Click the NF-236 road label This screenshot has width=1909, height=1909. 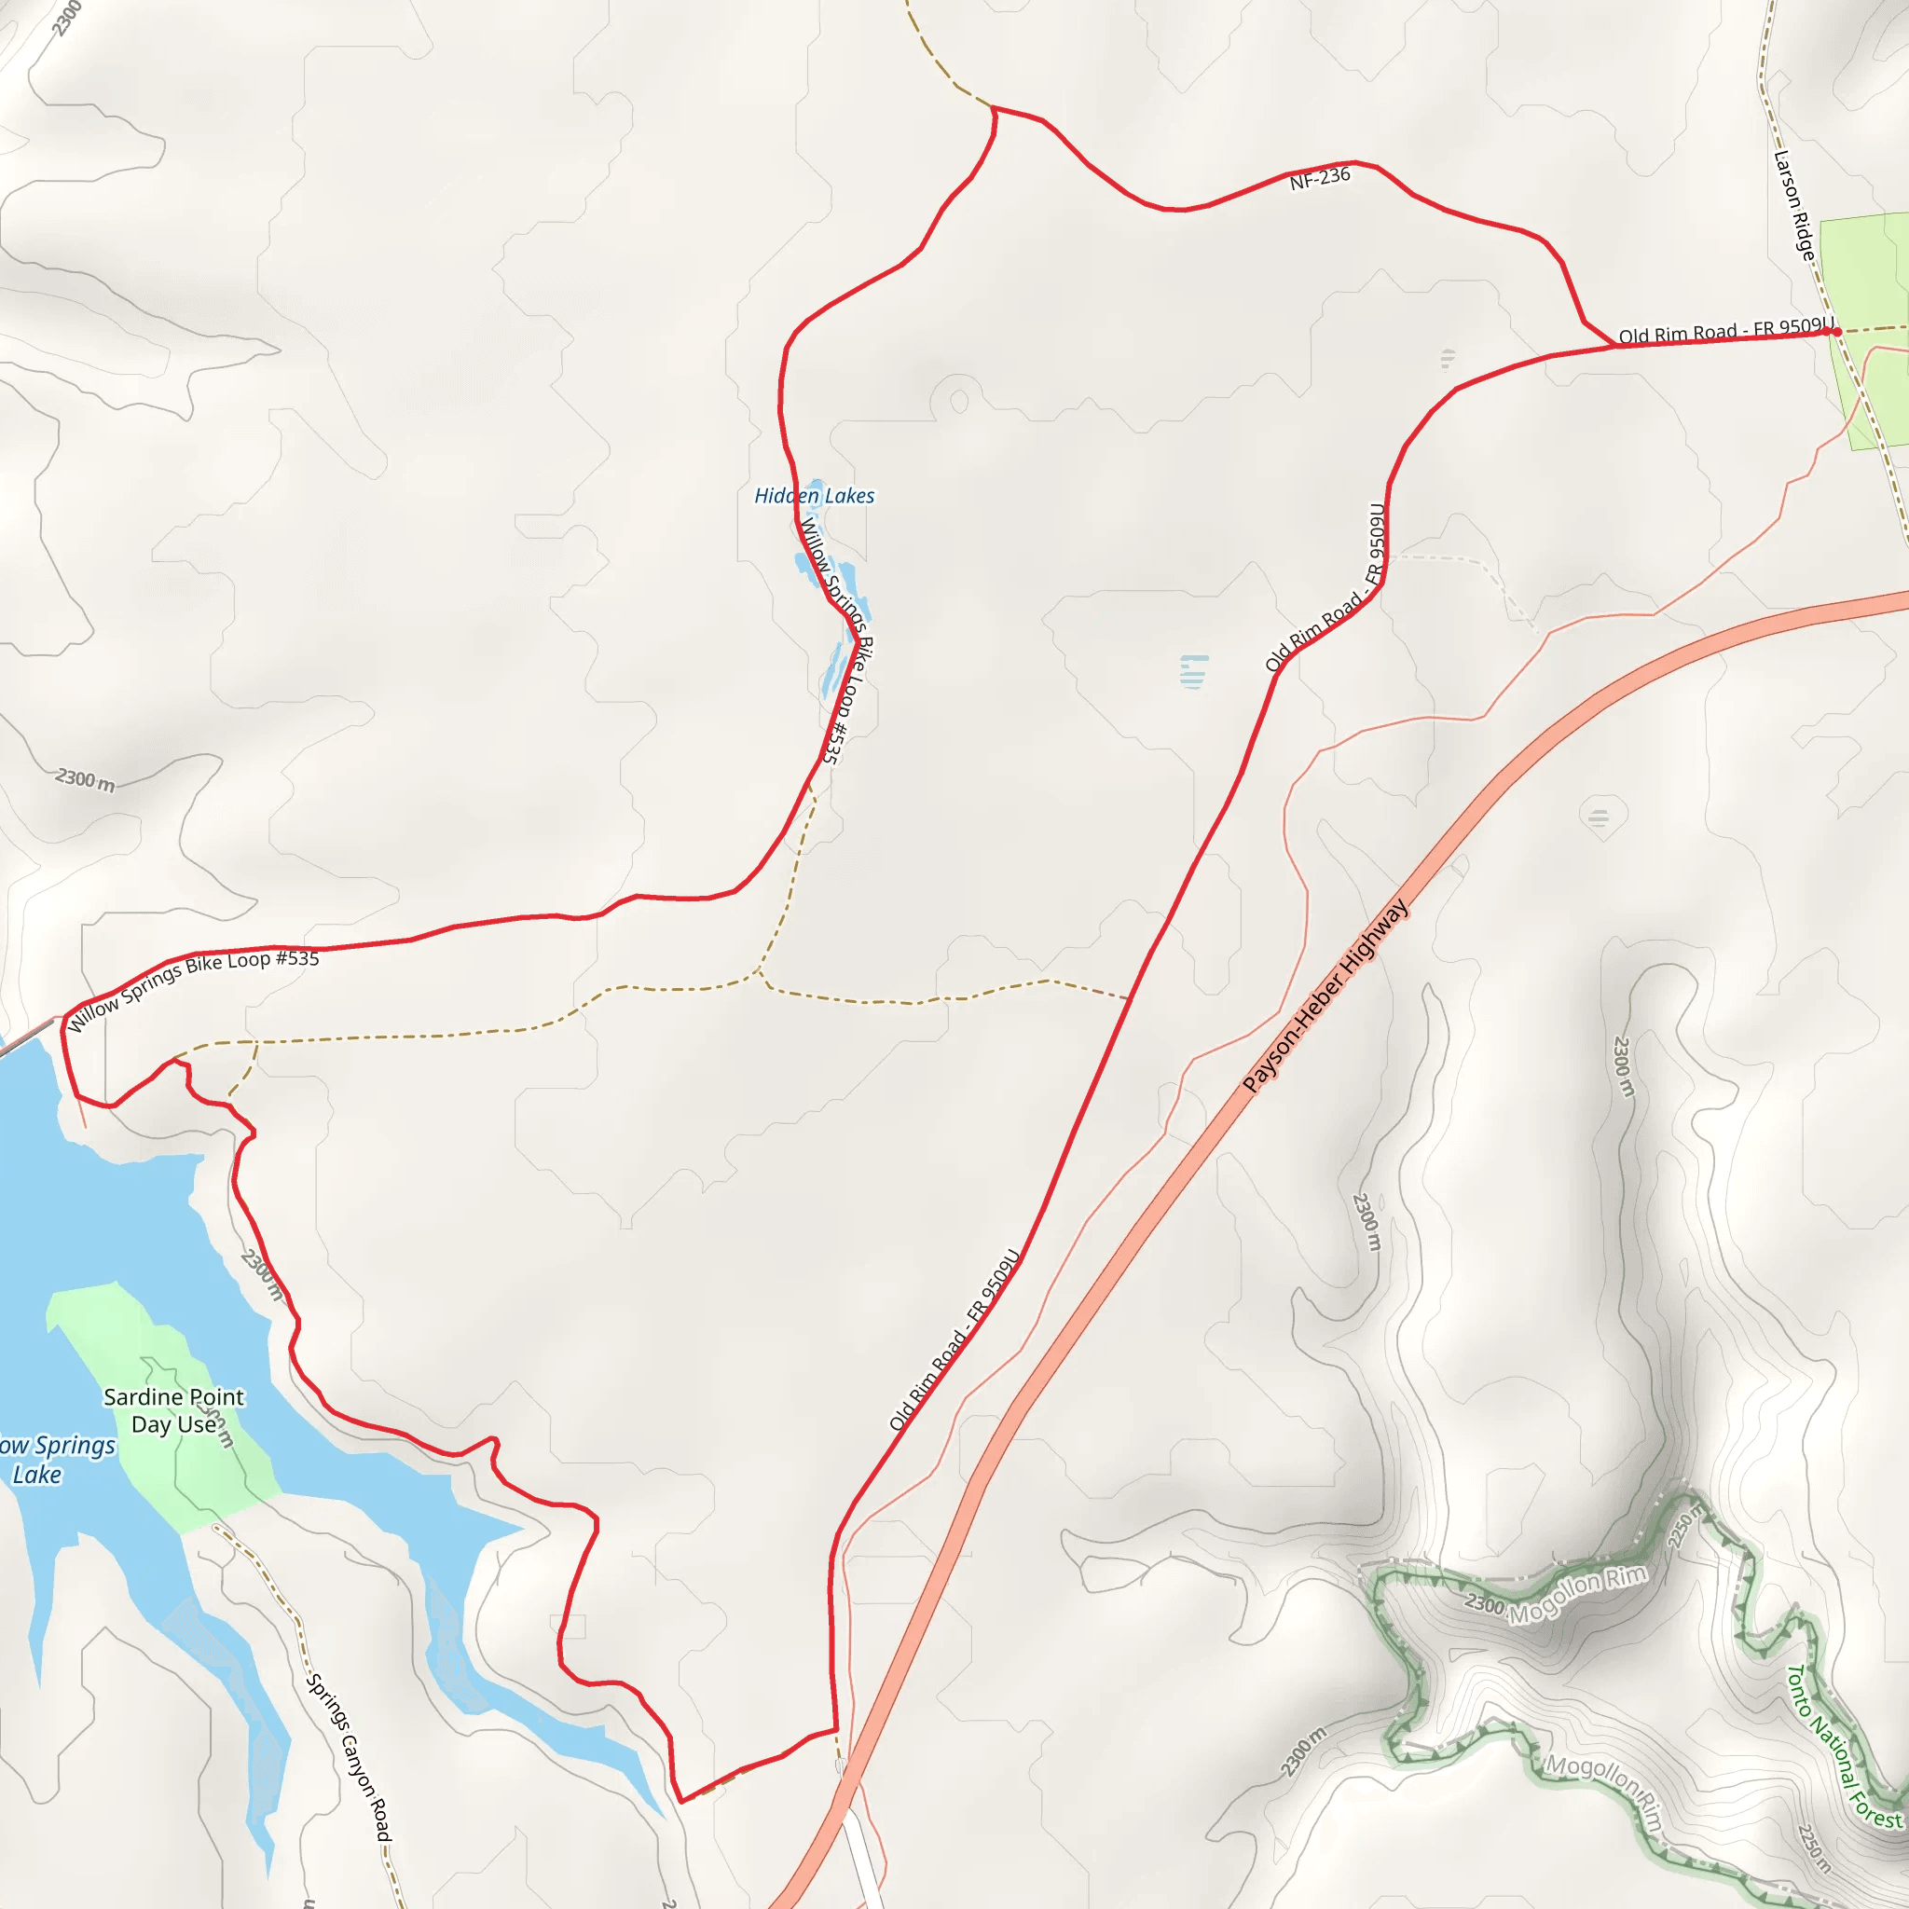1319,178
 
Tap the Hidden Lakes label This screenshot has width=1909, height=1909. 814,496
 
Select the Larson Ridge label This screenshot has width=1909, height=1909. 1794,205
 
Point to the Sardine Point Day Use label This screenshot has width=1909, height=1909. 174,1411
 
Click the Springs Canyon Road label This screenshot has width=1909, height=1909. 349,1758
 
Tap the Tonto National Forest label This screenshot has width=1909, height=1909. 1843,1746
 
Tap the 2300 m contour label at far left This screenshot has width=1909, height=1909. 85,779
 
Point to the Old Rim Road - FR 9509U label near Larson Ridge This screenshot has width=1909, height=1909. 1725,331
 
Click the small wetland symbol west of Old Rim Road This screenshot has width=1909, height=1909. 1194,671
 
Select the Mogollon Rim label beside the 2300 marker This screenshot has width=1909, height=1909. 1577,1593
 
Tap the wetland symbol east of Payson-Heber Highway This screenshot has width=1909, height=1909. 1599,817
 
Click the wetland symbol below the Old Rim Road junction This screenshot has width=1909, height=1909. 1448,358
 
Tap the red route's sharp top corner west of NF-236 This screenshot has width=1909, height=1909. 994,108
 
